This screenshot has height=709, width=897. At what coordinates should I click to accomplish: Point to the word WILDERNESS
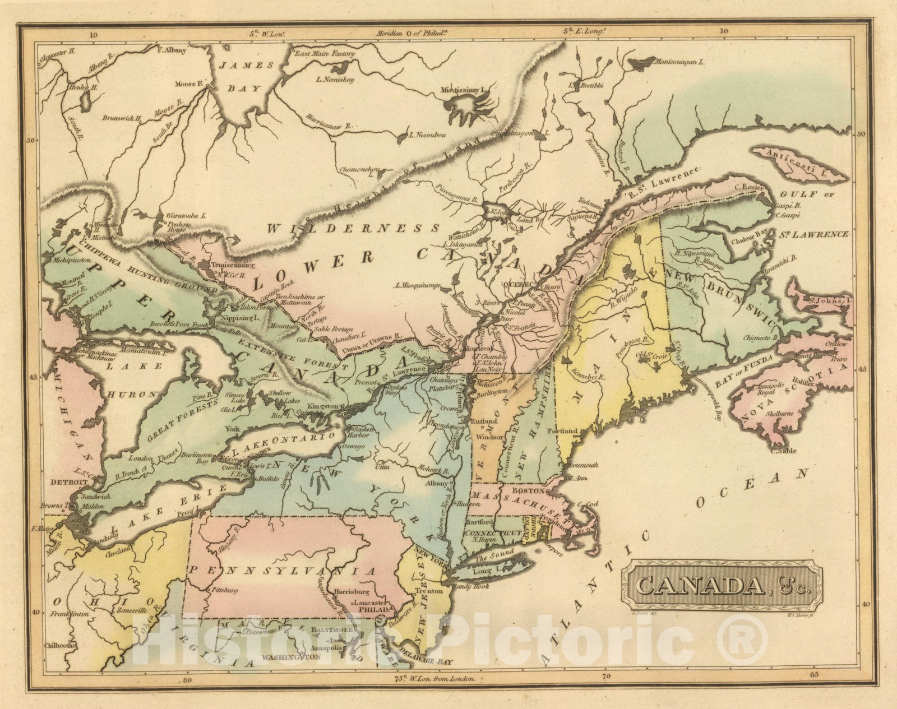click(353, 228)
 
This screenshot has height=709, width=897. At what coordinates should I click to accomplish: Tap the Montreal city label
click(475, 348)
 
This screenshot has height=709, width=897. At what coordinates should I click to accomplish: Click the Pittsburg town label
click(225, 590)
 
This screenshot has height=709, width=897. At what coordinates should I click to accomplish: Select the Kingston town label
click(324, 406)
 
